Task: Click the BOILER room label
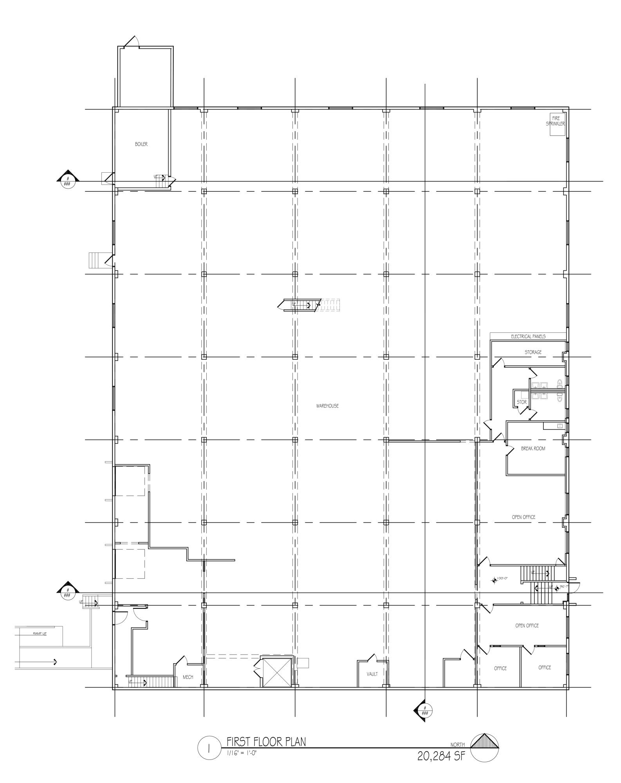141,144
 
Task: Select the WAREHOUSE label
327,406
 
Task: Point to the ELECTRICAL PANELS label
528,336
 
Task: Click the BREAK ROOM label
533,449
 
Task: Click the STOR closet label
522,402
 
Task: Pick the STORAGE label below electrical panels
533,352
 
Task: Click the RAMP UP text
40,633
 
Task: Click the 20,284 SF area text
441,756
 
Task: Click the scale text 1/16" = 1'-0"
242,752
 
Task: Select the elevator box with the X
277,672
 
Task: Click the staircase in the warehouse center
299,305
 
